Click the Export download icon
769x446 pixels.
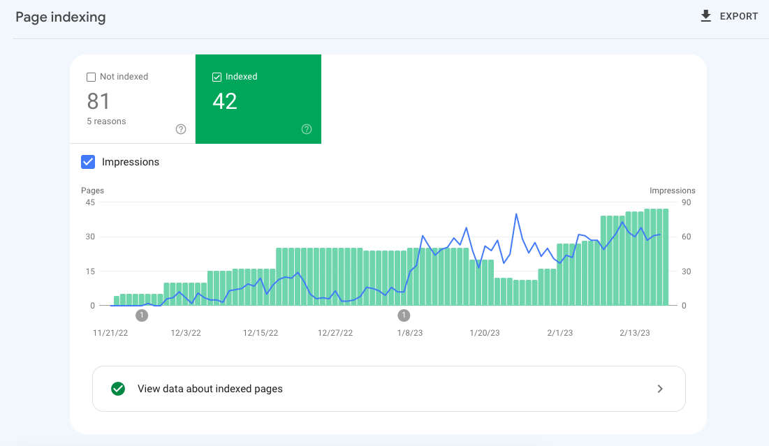(705, 16)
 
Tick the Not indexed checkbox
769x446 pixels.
(91, 77)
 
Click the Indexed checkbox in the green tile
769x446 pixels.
(217, 77)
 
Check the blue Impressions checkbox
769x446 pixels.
(88, 162)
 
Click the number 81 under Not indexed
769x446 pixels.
(98, 102)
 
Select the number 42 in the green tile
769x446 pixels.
(225, 102)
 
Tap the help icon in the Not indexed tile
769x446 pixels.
(181, 129)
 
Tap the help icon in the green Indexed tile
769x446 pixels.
(307, 129)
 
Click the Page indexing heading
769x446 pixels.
(61, 17)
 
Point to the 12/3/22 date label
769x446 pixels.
(186, 333)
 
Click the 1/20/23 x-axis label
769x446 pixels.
(484, 333)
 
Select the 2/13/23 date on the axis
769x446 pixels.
(635, 333)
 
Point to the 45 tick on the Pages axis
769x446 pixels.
(90, 202)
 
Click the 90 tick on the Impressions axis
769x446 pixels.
(686, 202)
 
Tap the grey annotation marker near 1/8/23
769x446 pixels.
(404, 315)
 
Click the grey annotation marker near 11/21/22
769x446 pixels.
(142, 315)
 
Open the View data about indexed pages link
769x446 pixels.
(210, 389)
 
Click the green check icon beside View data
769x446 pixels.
(118, 389)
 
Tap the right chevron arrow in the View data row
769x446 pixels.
(660, 389)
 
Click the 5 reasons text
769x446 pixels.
(106, 121)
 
